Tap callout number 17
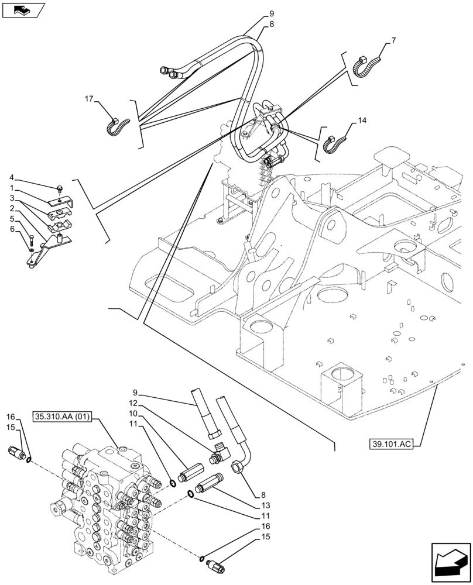click(90, 99)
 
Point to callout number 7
click(393, 40)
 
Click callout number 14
click(362, 121)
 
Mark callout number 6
click(11, 229)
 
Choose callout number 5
click(11, 219)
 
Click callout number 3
click(11, 198)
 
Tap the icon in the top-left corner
click(23, 10)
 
